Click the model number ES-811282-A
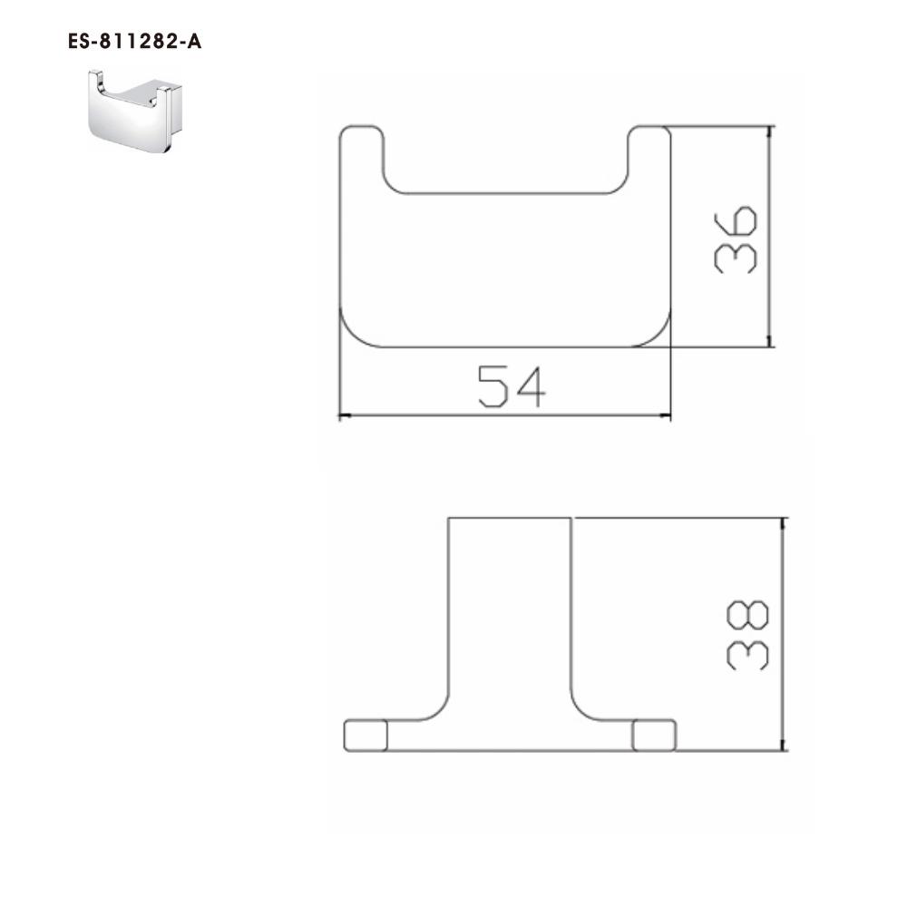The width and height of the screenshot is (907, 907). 135,42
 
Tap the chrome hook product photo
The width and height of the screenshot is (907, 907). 135,111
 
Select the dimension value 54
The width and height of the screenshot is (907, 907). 512,386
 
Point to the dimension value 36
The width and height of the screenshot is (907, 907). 736,239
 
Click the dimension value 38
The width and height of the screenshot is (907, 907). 747,635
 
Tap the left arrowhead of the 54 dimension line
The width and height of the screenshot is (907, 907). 345,415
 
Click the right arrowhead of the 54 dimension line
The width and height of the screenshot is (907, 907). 665,415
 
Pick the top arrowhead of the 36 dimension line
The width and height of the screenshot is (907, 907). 769,132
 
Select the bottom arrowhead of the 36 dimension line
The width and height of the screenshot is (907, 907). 769,341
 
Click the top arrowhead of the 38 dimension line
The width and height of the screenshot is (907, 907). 784,524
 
